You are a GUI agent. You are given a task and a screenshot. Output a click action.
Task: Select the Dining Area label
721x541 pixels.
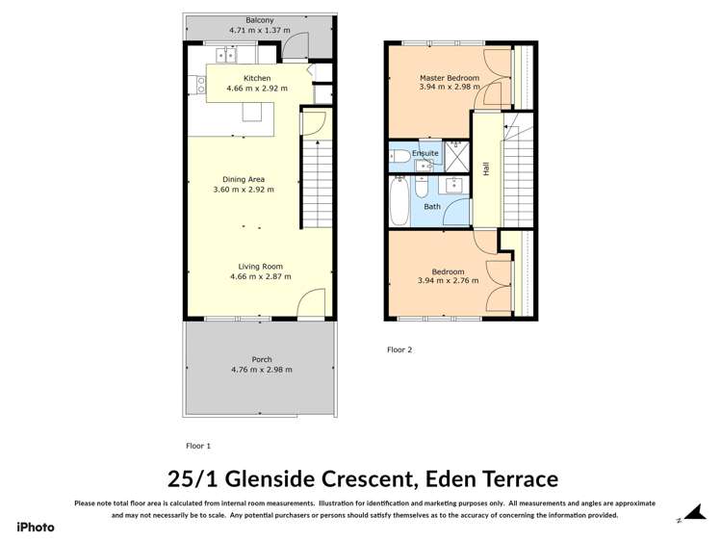tap(244, 179)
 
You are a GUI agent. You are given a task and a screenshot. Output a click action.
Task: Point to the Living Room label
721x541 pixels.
tap(260, 267)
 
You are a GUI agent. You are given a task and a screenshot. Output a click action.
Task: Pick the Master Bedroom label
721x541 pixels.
tap(449, 77)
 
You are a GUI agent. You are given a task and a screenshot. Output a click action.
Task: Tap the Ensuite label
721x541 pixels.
tap(425, 153)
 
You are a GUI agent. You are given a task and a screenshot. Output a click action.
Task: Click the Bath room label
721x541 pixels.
tap(432, 206)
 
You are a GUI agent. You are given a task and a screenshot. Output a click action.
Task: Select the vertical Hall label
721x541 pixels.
tap(487, 167)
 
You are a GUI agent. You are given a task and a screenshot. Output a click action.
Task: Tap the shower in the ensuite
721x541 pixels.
tap(456, 155)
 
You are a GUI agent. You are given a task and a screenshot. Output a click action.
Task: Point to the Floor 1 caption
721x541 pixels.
tap(198, 446)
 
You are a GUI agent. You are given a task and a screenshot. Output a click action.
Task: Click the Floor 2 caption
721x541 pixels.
tap(399, 349)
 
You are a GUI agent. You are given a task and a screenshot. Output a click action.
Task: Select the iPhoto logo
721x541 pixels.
tap(36, 527)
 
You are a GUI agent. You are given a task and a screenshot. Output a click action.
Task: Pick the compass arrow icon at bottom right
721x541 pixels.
tap(690, 516)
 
